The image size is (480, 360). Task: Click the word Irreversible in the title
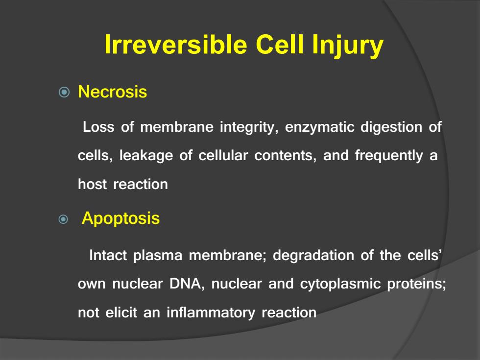[x=176, y=45]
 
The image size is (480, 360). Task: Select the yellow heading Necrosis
[x=112, y=92]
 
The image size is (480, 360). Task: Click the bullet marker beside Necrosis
[x=64, y=92]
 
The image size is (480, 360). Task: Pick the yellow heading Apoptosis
[x=120, y=218]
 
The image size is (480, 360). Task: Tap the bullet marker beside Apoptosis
[x=63, y=219]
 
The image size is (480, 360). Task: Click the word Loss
[x=98, y=127]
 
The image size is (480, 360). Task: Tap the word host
[x=93, y=184]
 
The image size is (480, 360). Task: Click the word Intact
[x=108, y=255]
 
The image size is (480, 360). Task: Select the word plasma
[x=158, y=256]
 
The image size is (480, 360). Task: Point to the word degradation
[x=313, y=256]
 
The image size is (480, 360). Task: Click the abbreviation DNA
[x=186, y=284]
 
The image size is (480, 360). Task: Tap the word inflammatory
[x=211, y=313]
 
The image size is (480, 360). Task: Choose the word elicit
[x=121, y=312]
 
